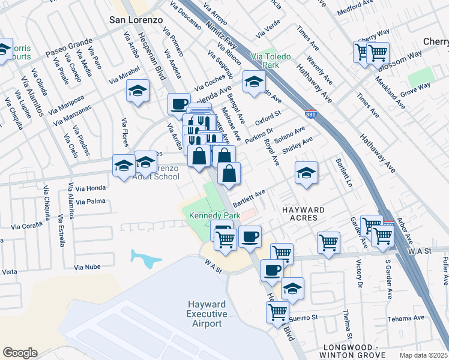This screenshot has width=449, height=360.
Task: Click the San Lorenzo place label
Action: pos(136,19)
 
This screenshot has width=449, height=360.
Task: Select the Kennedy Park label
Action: pos(215,215)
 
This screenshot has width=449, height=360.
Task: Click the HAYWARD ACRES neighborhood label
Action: pos(304,214)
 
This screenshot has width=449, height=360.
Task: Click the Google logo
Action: pos(20,353)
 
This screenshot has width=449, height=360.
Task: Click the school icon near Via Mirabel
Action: pos(138,91)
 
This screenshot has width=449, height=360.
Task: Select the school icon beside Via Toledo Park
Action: pos(254,82)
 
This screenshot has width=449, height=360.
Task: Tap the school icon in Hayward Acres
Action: pos(306,173)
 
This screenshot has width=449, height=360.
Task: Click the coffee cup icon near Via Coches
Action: pos(179,104)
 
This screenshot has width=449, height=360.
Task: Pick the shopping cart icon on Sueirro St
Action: pos(277,312)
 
